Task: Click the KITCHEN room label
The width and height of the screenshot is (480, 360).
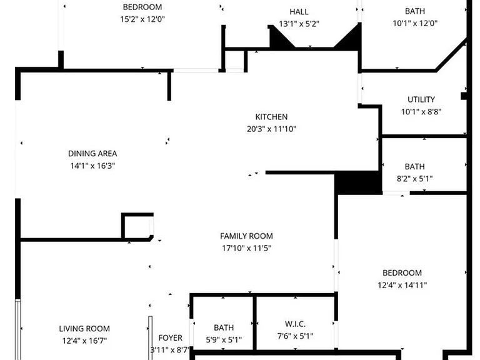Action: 271,117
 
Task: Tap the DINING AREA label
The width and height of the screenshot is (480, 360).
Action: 92,154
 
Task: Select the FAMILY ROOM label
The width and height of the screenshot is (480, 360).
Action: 246,236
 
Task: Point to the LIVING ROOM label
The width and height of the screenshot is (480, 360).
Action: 84,329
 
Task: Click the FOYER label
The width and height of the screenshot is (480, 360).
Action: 171,338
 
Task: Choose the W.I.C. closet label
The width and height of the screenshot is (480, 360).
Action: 295,324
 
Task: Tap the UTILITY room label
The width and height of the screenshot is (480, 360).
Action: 421,99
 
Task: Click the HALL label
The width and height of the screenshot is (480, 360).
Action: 299,12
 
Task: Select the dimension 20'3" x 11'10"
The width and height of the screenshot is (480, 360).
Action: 271,129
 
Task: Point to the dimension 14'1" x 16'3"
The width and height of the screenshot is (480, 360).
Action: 92,166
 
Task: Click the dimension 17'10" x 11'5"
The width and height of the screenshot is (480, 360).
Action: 247,248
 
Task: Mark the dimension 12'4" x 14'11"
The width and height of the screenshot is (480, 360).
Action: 402,285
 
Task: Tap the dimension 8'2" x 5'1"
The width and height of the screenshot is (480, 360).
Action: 415,179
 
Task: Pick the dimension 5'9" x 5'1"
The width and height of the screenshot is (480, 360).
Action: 224,340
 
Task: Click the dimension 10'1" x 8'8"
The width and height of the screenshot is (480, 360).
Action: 421,112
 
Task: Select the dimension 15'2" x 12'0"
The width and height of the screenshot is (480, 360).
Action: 142,19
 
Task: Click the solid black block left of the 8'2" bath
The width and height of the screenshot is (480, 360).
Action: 358,183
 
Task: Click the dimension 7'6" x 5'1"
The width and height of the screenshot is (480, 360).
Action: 296,336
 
